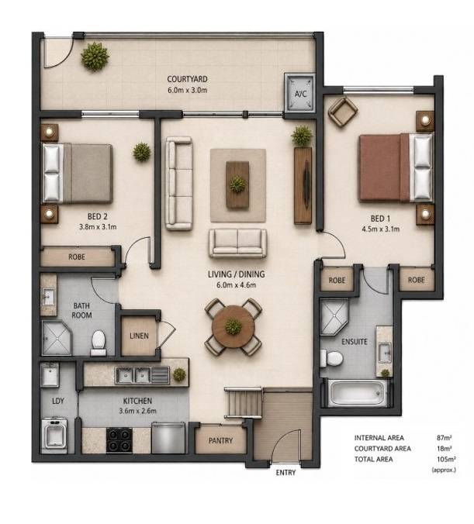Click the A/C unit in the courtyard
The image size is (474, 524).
[300, 93]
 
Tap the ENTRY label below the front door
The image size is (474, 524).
[285, 473]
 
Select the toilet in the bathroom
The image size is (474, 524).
[99, 343]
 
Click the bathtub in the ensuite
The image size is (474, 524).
[356, 393]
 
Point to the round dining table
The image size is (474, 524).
[234, 326]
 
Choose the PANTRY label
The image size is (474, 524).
[220, 441]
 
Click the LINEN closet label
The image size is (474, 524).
[139, 336]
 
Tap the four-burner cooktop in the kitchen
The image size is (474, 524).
[119, 440]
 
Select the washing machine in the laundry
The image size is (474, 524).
[54, 434]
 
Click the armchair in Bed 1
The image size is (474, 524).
[343, 112]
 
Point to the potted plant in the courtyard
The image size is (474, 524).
[95, 57]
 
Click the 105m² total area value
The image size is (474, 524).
[446, 459]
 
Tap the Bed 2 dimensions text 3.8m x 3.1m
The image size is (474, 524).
[98, 226]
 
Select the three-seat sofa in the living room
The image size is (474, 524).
[178, 183]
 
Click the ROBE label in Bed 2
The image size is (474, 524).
[77, 257]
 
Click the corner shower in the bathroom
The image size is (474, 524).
[57, 338]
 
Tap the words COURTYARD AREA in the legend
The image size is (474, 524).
[382, 449]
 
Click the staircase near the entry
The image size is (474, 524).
[243, 403]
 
